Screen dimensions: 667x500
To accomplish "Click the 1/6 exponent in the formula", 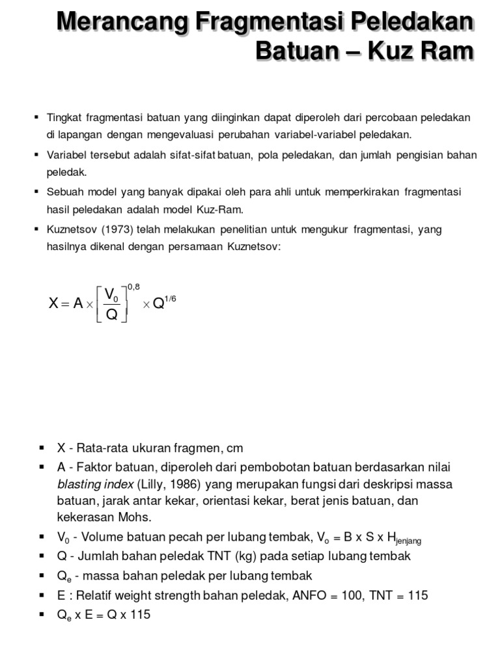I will tap(169, 299).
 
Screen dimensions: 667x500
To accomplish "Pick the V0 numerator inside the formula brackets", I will tap(112, 293).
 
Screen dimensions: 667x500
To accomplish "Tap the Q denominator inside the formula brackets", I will tap(111, 315).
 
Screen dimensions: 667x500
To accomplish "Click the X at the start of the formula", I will tap(55, 304).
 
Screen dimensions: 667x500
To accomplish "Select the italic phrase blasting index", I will tap(94, 485).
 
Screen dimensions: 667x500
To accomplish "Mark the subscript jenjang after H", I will tap(408, 541).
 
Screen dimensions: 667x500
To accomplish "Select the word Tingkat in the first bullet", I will tap(62, 117).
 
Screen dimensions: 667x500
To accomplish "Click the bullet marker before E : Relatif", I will tap(42, 595).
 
